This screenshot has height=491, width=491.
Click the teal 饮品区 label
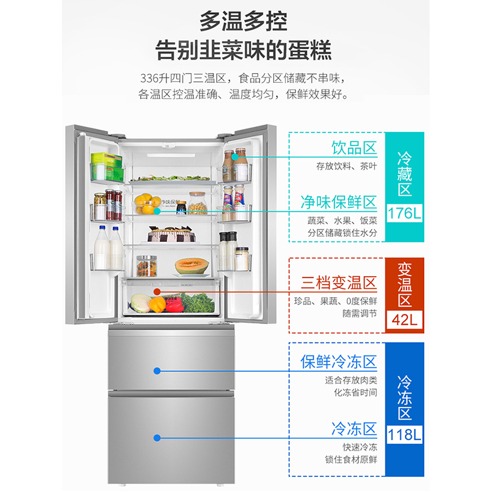pyautogui.click(x=354, y=149)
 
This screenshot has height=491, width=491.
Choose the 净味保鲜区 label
pyautogui.click(x=338, y=202)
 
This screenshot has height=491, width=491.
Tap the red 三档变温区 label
pyautogui.click(x=338, y=283)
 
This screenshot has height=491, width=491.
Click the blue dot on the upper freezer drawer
pyautogui.click(x=157, y=371)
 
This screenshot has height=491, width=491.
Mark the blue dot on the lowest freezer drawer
pyautogui.click(x=157, y=438)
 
